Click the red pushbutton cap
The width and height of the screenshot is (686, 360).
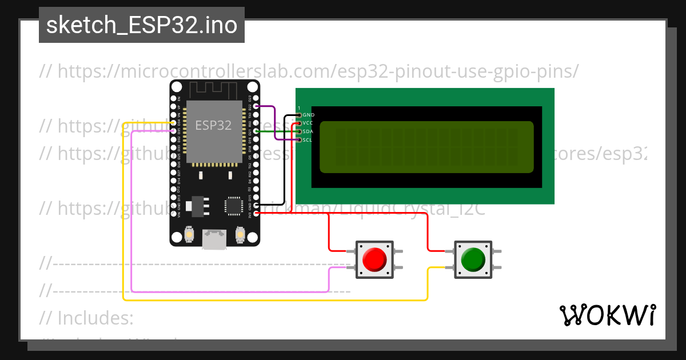tap(374, 260)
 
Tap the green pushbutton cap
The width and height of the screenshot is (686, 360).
tap(472, 260)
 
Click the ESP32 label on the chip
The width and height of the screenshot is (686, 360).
tap(213, 125)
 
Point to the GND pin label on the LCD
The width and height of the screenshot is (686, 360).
tap(309, 115)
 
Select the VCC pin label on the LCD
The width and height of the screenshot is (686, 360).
tap(309, 123)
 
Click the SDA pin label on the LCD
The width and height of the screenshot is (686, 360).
tap(309, 131)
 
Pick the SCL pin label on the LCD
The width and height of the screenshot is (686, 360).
tap(308, 139)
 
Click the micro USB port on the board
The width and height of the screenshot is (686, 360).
tap(214, 240)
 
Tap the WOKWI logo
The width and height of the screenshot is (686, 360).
tap(607, 315)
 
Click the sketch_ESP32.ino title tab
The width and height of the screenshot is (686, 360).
tap(142, 25)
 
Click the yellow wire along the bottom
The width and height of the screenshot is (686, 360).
tap(274, 299)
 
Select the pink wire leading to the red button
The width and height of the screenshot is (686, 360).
tap(229, 291)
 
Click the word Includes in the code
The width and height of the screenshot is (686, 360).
tap(95, 317)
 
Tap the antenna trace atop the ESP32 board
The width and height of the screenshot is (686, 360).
tap(213, 89)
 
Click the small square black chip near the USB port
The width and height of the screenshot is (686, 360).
tap(233, 206)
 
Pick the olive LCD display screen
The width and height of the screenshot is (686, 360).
tap(426, 147)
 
